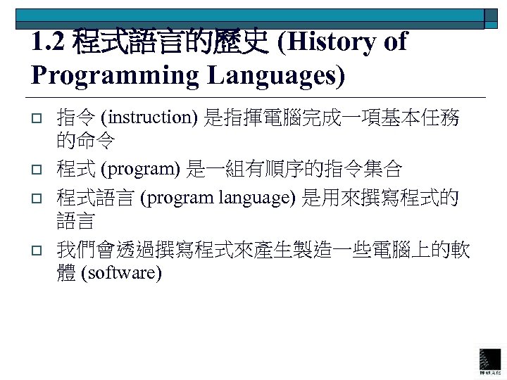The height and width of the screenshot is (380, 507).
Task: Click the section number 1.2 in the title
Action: pyautogui.click(x=49, y=43)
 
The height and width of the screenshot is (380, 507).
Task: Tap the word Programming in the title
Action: pyautogui.click(x=106, y=75)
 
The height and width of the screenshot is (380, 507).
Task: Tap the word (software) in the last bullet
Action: pyautogui.click(x=121, y=272)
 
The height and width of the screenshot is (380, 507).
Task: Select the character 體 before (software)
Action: pyautogui.click(x=67, y=272)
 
